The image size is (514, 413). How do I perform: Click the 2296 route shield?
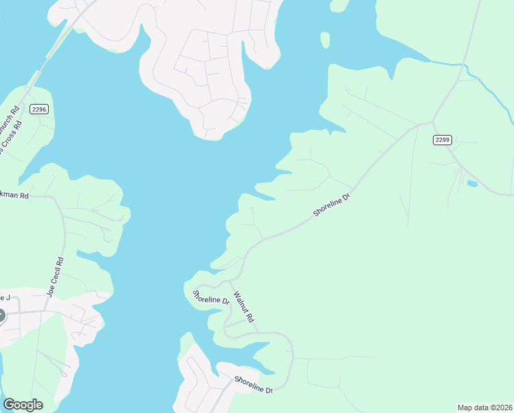point(38,109)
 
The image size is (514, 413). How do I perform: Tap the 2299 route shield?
point(443,140)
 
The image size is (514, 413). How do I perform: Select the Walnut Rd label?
point(244,308)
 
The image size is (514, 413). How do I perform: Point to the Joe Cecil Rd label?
point(55,277)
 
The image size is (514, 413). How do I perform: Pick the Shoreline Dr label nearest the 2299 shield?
point(332,204)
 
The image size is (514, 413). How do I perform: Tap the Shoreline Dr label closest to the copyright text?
point(254,385)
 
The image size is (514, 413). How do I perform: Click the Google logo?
point(23,405)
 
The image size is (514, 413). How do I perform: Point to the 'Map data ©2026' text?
point(484,407)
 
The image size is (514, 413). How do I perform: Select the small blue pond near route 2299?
point(472,184)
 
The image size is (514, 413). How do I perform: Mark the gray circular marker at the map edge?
point(1,316)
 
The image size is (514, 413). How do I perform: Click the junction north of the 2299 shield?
point(433,122)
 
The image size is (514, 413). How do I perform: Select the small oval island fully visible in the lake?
point(325,40)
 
